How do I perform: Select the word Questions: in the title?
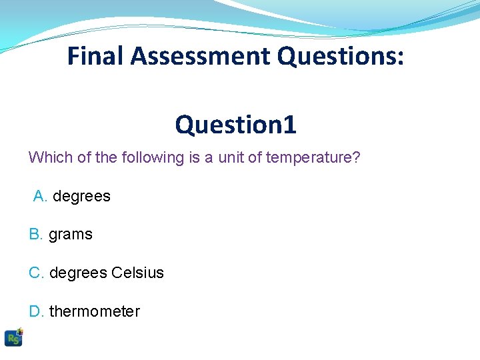click(340, 57)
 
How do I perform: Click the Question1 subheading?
click(235, 124)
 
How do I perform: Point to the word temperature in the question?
click(310, 158)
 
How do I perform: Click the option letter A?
click(40, 197)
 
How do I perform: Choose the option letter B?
click(35, 235)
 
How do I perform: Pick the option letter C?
click(36, 273)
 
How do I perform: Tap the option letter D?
click(36, 311)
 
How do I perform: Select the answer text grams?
click(71, 235)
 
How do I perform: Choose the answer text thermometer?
click(95, 311)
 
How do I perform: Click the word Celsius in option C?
click(137, 273)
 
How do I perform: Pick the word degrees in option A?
click(81, 197)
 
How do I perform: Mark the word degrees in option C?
click(78, 273)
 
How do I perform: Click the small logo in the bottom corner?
click(13, 337)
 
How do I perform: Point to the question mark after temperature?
click(357, 158)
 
